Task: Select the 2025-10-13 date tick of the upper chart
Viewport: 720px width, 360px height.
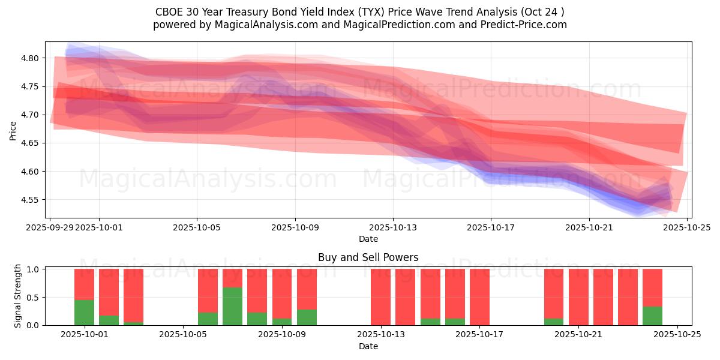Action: click(393, 227)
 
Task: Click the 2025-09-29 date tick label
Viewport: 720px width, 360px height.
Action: click(50, 227)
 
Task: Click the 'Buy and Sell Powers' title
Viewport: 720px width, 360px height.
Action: click(368, 257)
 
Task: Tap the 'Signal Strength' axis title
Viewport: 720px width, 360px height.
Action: click(18, 296)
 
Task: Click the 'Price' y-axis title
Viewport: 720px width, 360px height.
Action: click(13, 130)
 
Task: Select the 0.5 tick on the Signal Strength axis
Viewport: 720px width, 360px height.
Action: click(33, 298)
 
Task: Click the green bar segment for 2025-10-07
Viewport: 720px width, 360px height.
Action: click(232, 307)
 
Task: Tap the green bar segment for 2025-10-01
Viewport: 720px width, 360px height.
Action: click(84, 313)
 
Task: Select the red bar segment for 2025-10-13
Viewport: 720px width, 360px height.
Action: click(380, 297)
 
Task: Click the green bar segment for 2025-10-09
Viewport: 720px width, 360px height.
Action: click(307, 317)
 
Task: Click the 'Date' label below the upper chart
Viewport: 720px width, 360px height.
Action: click(368, 239)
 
